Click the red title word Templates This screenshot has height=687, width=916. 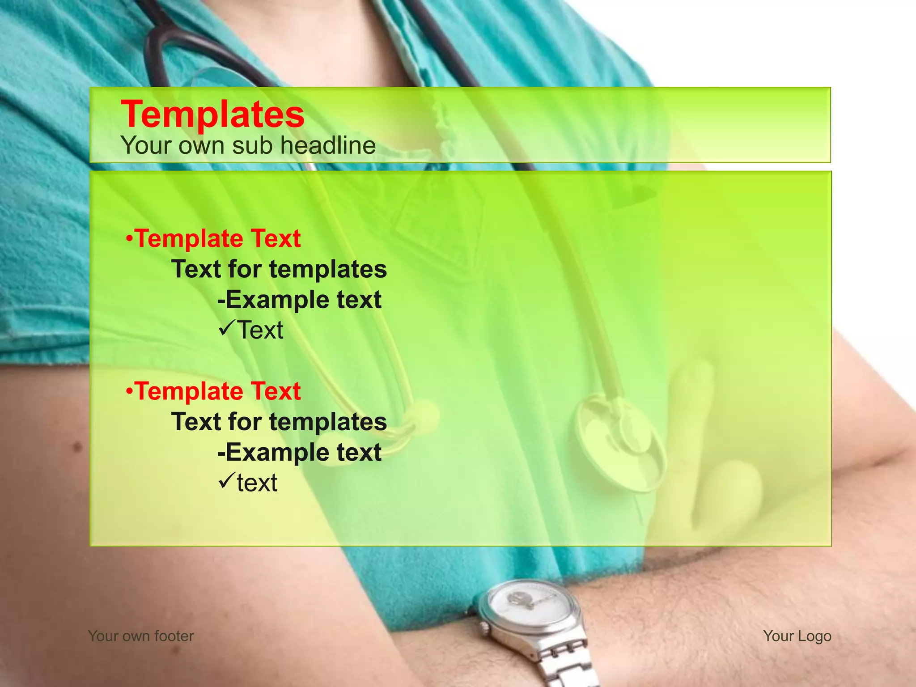pyautogui.click(x=212, y=114)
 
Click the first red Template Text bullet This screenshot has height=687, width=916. pyautogui.click(x=213, y=238)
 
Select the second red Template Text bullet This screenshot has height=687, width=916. pyautogui.click(x=213, y=391)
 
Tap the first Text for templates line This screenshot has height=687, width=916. pyautogui.click(x=279, y=269)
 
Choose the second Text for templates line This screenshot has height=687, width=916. pyautogui.click(x=279, y=422)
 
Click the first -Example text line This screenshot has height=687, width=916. pyautogui.click(x=299, y=300)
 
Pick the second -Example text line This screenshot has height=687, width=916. pyautogui.click(x=299, y=452)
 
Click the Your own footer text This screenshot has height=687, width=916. pyautogui.click(x=141, y=636)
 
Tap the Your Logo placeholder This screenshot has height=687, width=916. pyautogui.click(x=797, y=636)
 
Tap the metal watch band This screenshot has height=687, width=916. pyautogui.click(x=566, y=662)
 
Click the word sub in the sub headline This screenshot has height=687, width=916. pyautogui.click(x=253, y=145)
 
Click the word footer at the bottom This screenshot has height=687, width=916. pyautogui.click(x=174, y=636)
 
